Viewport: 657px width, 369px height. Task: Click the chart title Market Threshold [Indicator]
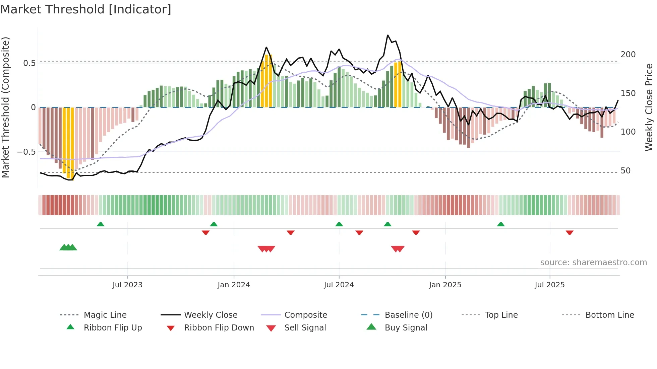(86, 9)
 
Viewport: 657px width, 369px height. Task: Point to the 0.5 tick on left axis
(29, 63)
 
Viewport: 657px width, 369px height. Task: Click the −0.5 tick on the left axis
(26, 152)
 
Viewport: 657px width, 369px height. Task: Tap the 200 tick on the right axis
(628, 55)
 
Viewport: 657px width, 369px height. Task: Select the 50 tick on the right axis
(625, 171)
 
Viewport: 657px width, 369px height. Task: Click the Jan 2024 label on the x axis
(234, 285)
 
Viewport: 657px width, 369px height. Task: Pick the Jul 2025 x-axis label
(549, 285)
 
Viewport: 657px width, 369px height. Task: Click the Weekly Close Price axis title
(649, 107)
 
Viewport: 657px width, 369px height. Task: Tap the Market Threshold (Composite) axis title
(6, 107)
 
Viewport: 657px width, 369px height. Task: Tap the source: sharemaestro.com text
(593, 263)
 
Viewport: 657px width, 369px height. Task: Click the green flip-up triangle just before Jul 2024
(339, 224)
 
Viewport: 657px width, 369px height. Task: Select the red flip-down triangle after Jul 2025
(569, 232)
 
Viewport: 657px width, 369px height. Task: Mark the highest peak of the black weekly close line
(388, 35)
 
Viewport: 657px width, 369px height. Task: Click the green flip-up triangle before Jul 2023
(100, 224)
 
